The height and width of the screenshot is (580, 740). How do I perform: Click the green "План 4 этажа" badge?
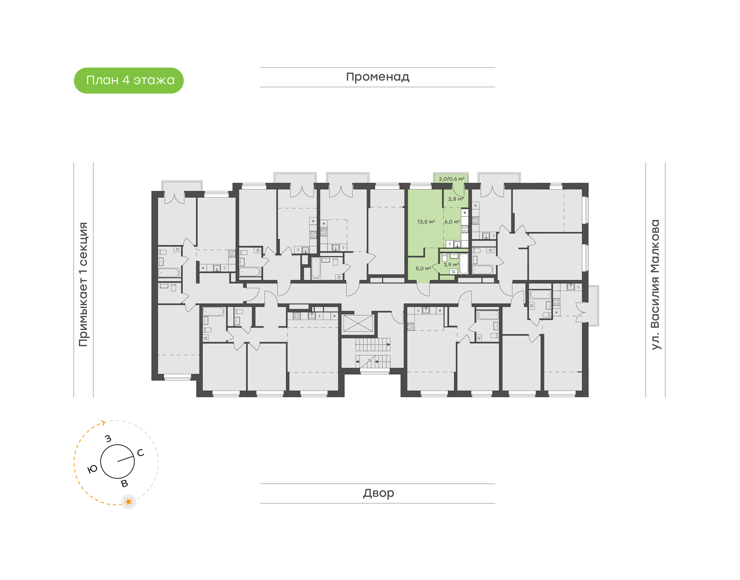[128, 81]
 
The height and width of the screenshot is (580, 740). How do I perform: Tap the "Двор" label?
[378, 493]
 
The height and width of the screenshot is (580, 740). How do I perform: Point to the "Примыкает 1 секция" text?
[83, 285]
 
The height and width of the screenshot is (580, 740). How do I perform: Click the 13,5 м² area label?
[426, 222]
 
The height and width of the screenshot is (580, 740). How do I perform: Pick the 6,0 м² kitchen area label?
[452, 222]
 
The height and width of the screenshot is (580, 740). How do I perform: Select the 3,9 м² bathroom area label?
[451, 265]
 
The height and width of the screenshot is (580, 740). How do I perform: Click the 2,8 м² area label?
[456, 199]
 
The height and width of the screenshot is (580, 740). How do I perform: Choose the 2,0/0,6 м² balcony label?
[451, 179]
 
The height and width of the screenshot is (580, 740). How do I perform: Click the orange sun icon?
[128, 501]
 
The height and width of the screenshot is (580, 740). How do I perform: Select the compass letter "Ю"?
[92, 469]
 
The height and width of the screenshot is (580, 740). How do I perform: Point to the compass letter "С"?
[140, 453]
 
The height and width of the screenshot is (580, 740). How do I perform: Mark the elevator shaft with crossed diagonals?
[358, 324]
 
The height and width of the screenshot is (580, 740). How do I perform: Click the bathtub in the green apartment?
[464, 264]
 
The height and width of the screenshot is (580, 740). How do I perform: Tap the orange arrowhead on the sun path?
[103, 423]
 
